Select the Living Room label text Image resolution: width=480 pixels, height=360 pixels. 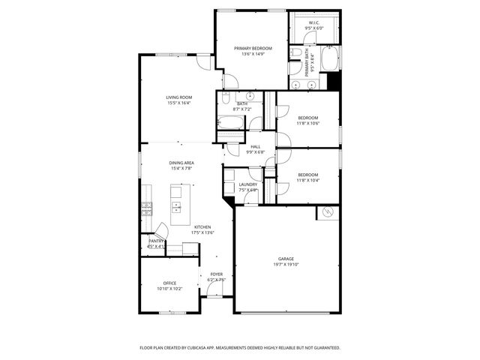tap(179, 97)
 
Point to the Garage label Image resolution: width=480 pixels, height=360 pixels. tap(286, 259)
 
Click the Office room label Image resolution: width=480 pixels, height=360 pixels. tap(169, 283)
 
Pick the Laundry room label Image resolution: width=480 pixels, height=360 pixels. tap(248, 184)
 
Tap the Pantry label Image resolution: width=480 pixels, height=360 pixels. tap(156, 241)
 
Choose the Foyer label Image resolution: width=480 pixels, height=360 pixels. tap(216, 274)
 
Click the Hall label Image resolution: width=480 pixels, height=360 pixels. tap(256, 146)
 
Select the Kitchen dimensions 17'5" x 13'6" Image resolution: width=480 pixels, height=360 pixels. tap(202, 233)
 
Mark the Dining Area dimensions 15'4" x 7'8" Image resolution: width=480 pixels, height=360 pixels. tap(182, 169)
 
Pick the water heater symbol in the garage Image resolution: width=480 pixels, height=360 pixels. tap(327, 214)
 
